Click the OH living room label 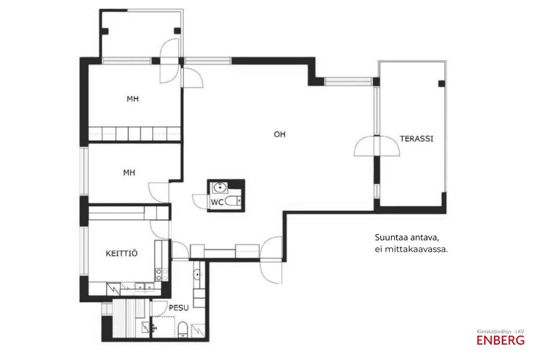280,134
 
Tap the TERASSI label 416,139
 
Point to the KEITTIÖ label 122,253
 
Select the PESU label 178,308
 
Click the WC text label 217,203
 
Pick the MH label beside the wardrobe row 133,99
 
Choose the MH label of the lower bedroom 129,173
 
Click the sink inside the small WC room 220,187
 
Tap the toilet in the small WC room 233,201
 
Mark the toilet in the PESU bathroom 182,330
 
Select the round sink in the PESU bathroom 197,274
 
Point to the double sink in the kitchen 145,287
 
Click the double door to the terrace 377,146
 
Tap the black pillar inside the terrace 441,83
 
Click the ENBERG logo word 500,340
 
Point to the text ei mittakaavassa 411,249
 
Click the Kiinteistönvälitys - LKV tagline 500,332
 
